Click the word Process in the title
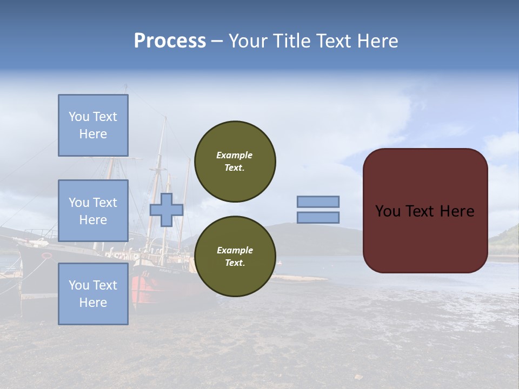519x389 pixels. [x=170, y=41]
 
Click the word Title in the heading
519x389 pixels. [x=291, y=41]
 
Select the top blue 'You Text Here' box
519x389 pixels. [x=93, y=125]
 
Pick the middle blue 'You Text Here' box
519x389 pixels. [x=93, y=211]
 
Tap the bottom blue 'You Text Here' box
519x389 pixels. [x=93, y=294]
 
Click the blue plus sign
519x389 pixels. [x=167, y=210]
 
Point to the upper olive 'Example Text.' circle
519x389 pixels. [x=235, y=162]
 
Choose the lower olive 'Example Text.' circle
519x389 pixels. [x=235, y=257]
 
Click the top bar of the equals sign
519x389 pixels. [x=318, y=202]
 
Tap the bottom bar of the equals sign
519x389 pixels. [x=318, y=217]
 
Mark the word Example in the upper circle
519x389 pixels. [x=235, y=155]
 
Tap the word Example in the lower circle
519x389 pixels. [x=235, y=250]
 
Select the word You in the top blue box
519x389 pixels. [x=79, y=117]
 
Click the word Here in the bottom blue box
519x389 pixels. [x=93, y=303]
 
